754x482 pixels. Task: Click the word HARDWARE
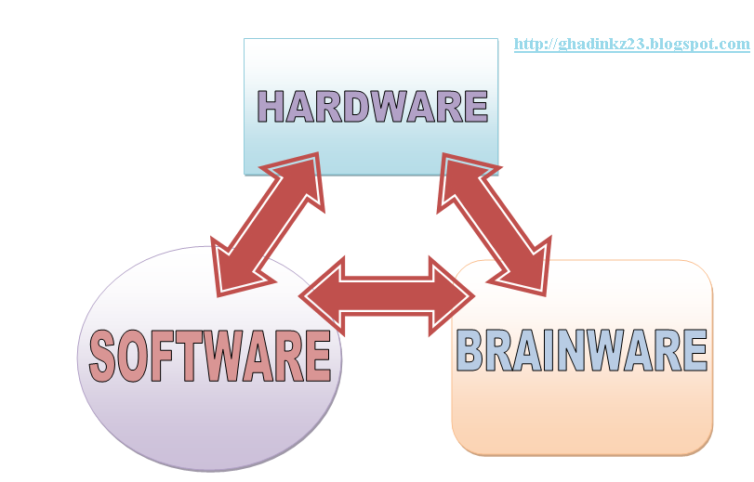pos(372,106)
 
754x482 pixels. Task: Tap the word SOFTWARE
pos(210,356)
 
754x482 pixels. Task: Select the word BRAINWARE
pos(583,350)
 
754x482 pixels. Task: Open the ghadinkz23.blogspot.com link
pos(631,44)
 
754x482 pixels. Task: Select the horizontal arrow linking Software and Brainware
pos(386,295)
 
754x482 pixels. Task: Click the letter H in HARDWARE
pos(271,106)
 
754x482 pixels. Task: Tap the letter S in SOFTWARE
pos(104,357)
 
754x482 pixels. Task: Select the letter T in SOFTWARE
pos(193,357)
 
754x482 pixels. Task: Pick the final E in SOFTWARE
pos(317,357)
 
